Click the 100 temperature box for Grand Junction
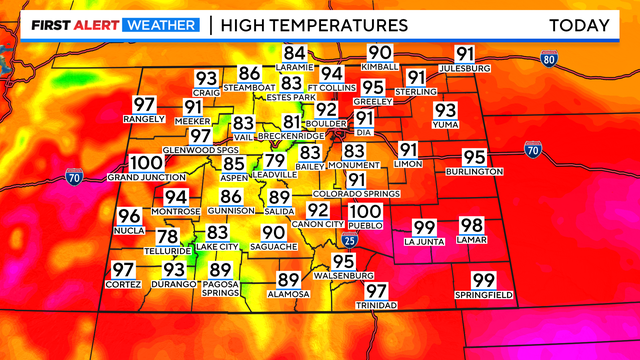(x=146, y=163)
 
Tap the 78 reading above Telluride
(x=168, y=237)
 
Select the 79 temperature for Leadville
(x=275, y=161)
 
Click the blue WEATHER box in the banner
(x=159, y=24)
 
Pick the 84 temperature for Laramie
(x=294, y=53)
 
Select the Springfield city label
(x=484, y=296)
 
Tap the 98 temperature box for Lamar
(x=471, y=226)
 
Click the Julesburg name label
(x=466, y=68)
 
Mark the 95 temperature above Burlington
(x=474, y=157)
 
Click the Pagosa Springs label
(x=221, y=289)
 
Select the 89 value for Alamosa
(x=288, y=280)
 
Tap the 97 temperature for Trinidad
(x=376, y=291)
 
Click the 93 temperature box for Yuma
(x=445, y=110)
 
